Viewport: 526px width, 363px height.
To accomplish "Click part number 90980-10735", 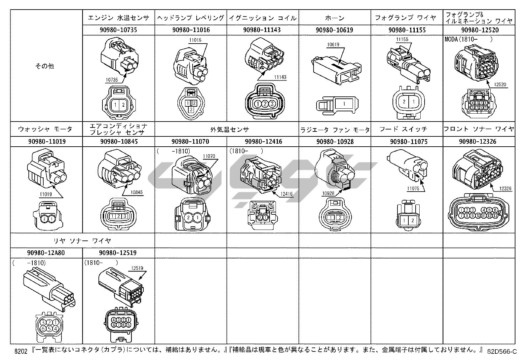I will (118, 30).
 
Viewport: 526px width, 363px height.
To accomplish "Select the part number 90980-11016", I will (191, 30).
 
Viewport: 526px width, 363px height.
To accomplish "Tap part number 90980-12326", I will (479, 142).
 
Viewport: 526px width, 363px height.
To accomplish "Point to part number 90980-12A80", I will (46, 253).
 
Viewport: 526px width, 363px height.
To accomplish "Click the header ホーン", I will (334, 18).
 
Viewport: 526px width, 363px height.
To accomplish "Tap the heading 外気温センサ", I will (230, 129).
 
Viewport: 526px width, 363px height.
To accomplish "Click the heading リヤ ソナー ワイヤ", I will (82, 240).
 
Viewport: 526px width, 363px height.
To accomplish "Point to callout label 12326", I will (505, 189).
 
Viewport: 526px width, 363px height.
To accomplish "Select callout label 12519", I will (137, 268).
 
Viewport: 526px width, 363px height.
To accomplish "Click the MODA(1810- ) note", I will (469, 39).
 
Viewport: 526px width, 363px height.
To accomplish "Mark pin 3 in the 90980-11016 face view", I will (191, 109).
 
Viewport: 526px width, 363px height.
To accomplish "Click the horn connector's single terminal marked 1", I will (344, 104).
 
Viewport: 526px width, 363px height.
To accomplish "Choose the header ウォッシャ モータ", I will (45, 129).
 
